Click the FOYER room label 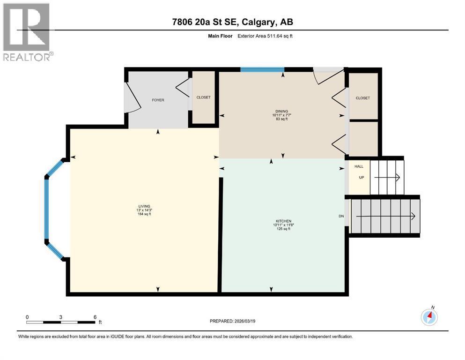[158, 100]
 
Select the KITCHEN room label [284, 221]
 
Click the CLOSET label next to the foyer [203, 97]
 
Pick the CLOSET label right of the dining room [362, 98]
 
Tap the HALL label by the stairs [359, 166]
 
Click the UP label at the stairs [361, 178]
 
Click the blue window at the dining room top [262, 70]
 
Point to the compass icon [429, 317]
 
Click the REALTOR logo [27, 32]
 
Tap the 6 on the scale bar [95, 317]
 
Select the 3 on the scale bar [61, 317]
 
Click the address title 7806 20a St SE [232, 22]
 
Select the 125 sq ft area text [284, 229]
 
